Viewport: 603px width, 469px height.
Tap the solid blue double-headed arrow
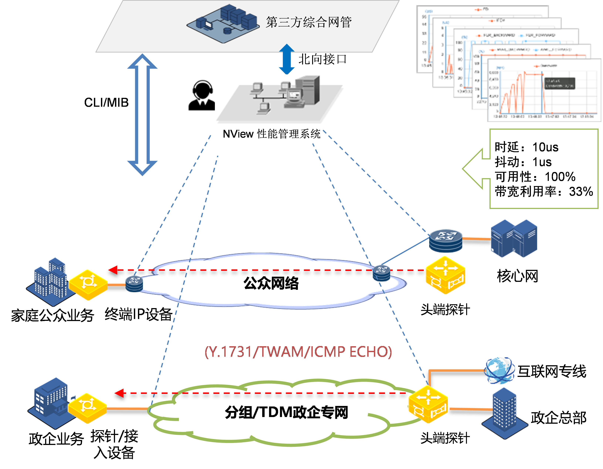point(287,59)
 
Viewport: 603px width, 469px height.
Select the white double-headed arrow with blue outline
point(142,115)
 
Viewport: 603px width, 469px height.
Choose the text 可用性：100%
point(535,177)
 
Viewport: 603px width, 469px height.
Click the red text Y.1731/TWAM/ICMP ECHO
point(298,352)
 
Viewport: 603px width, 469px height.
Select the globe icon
point(500,371)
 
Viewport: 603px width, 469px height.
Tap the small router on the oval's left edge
point(134,284)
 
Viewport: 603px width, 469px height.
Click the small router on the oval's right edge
point(381,273)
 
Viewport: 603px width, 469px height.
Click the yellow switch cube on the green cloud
point(428,404)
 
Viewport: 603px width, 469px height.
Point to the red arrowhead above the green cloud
point(119,393)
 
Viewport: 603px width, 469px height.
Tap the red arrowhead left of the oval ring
point(113,270)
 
